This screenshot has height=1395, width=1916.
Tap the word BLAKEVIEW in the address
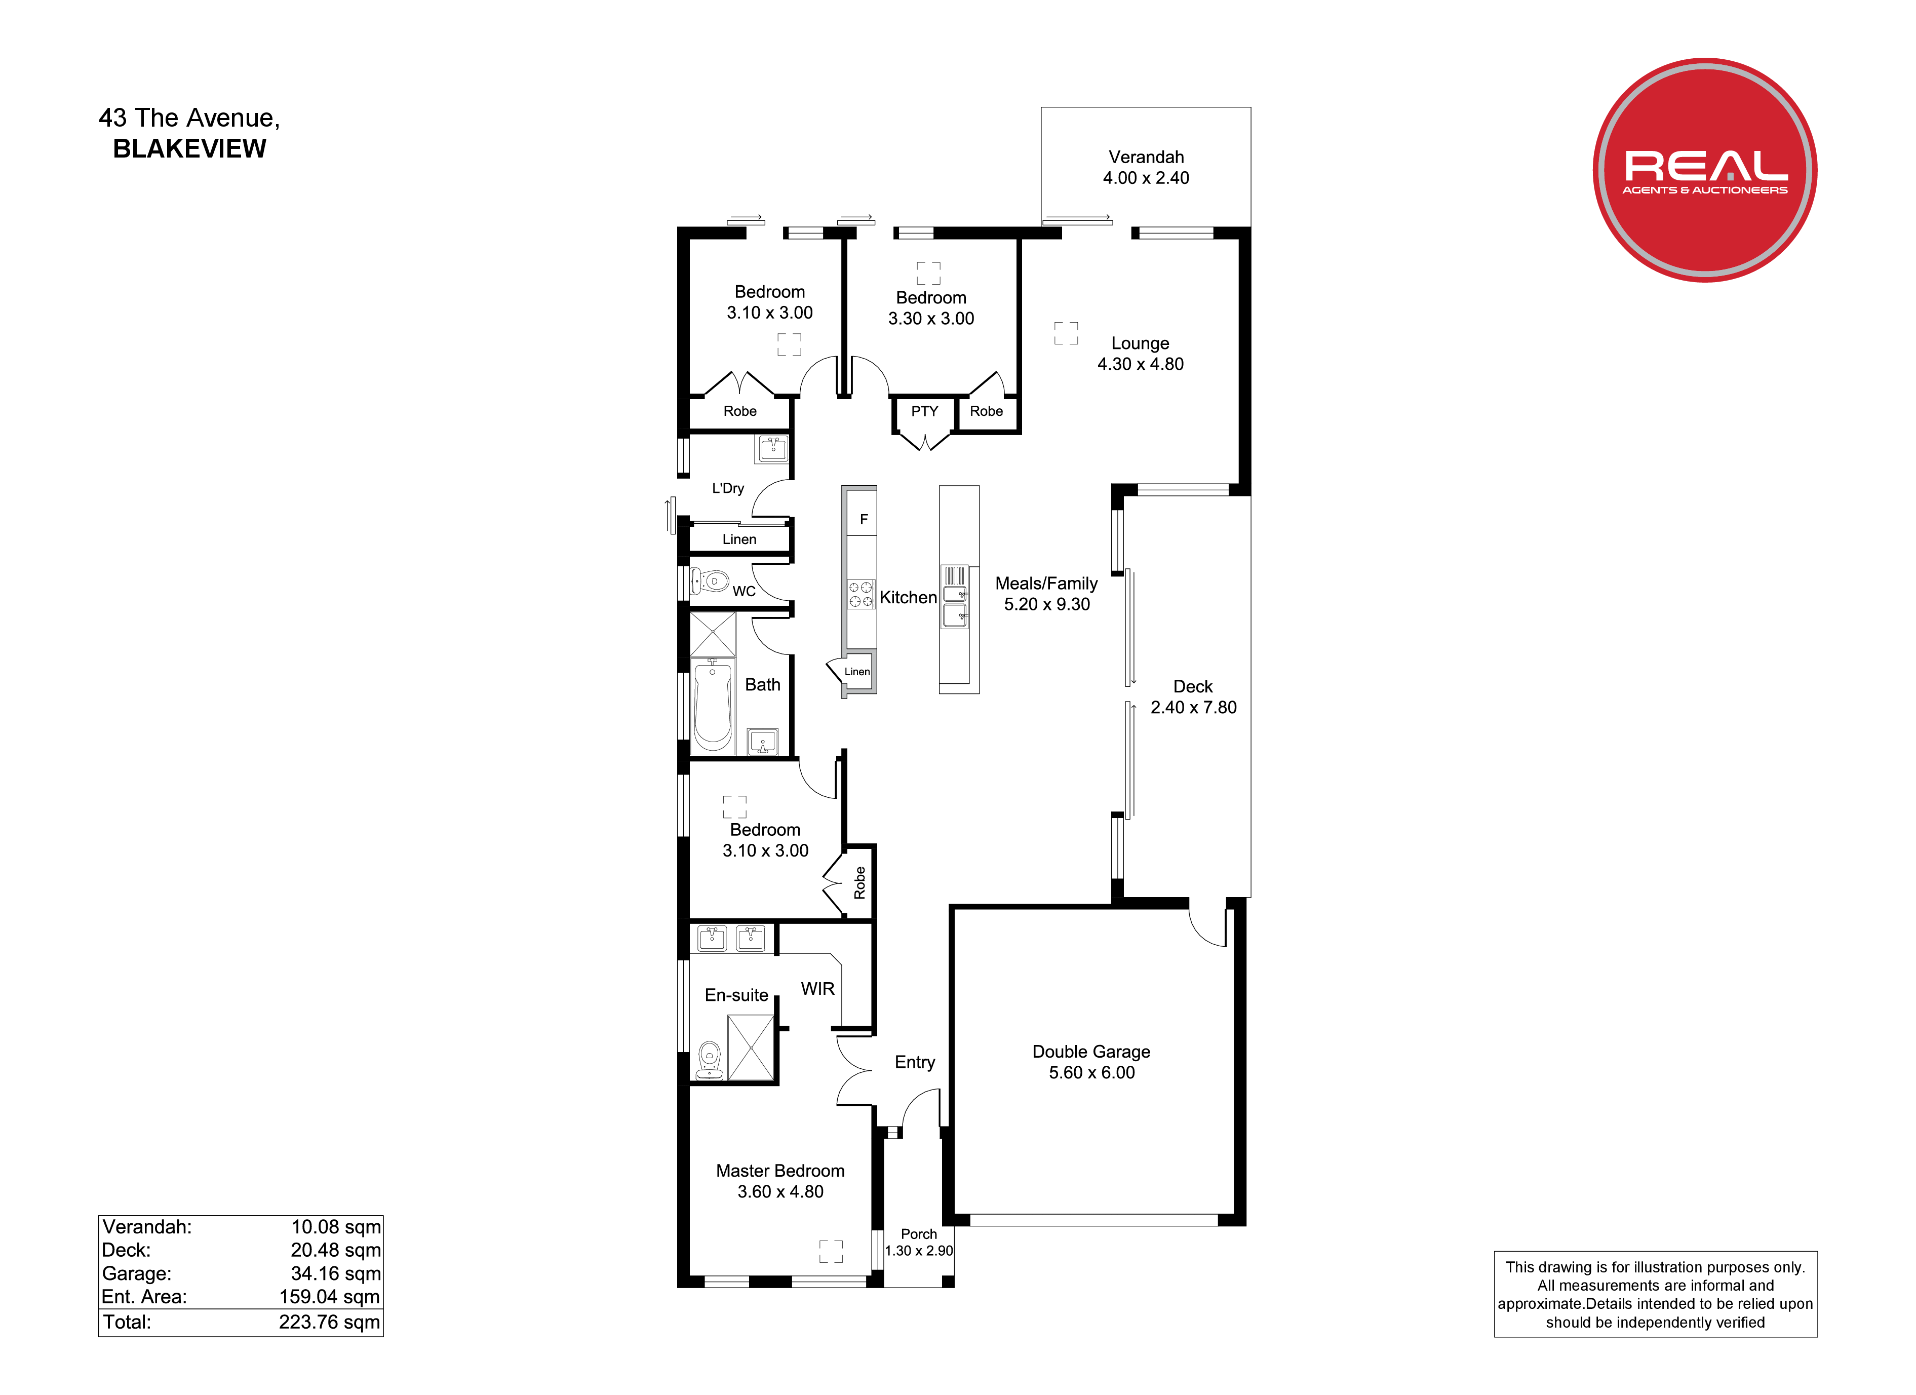pos(189,149)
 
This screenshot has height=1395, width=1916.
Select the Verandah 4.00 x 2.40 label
pos(1146,167)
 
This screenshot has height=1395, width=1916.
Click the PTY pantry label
pos(924,411)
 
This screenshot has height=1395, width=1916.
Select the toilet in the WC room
pos(710,582)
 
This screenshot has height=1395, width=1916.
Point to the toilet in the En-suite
pos(710,1060)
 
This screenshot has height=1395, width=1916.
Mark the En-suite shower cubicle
pos(750,1048)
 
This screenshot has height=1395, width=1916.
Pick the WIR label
pos(818,989)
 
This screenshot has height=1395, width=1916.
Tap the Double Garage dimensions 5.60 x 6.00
pos(1091,1072)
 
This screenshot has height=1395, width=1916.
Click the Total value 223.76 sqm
pos(330,1323)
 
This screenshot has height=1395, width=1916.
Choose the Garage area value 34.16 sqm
pos(335,1273)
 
